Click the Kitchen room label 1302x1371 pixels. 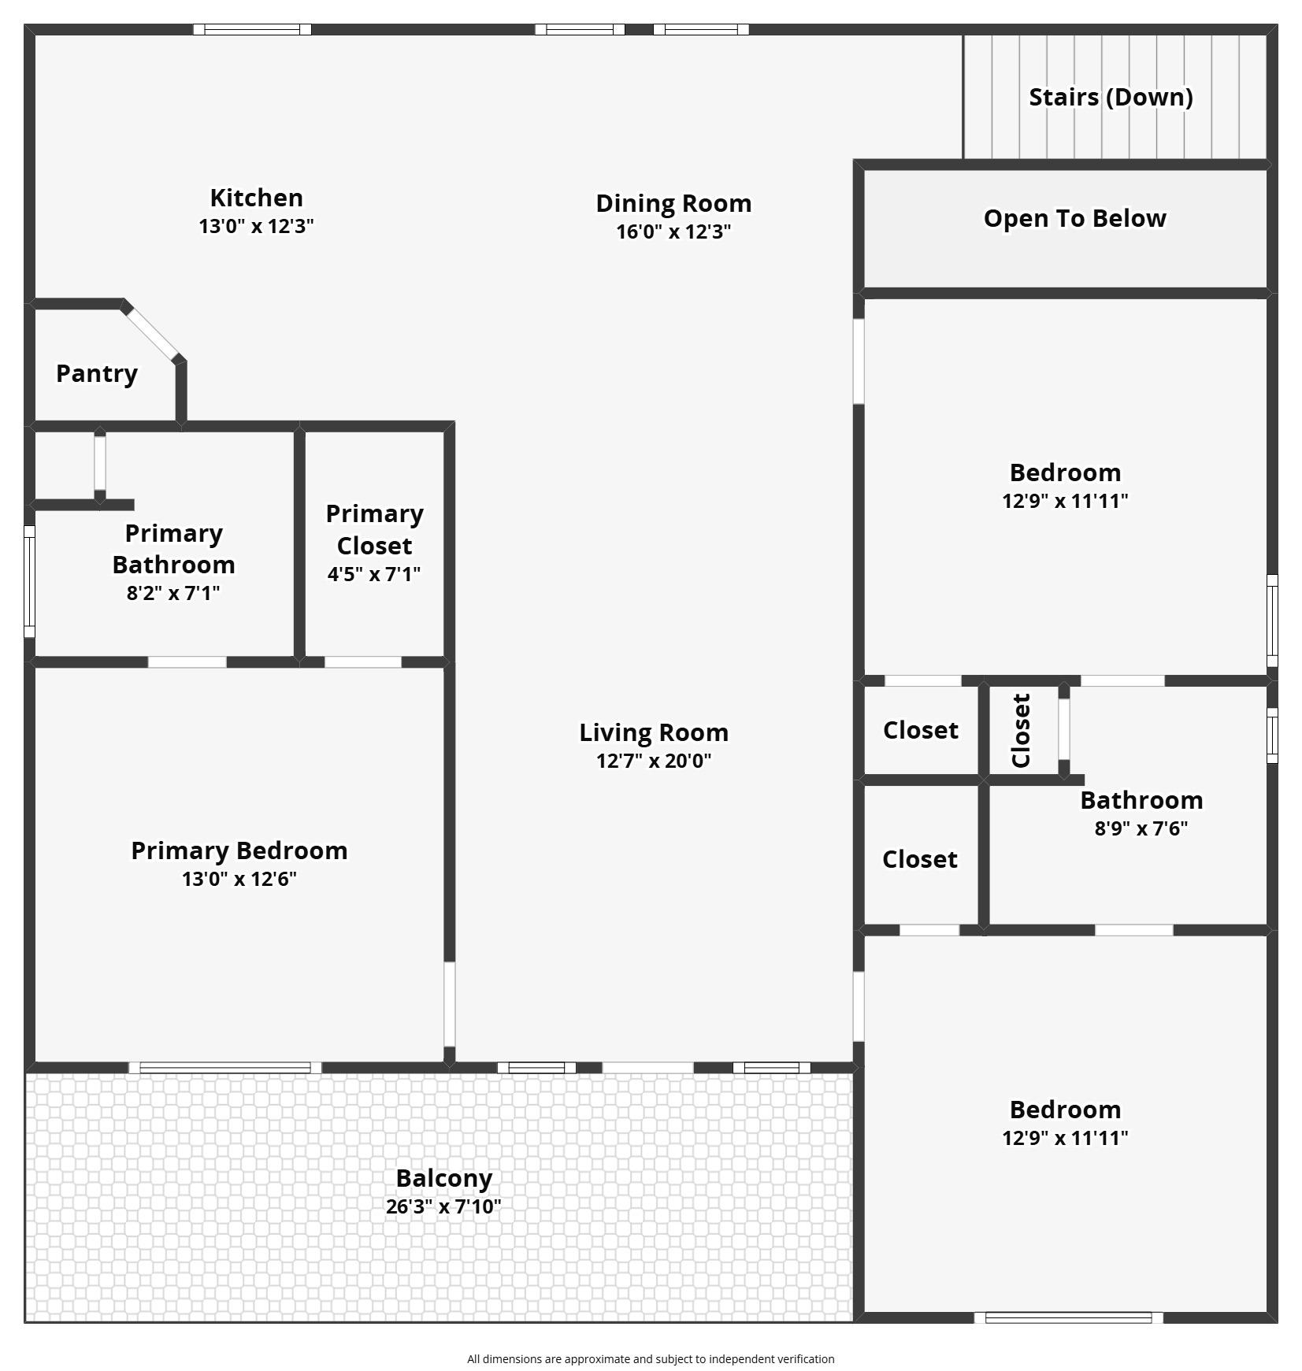pyautogui.click(x=256, y=198)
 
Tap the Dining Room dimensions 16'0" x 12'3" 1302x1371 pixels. pyautogui.click(x=673, y=232)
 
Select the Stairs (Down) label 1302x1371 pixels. pyautogui.click(x=1111, y=97)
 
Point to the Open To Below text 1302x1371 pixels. pyautogui.click(x=1074, y=218)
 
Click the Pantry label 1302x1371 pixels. pyautogui.click(x=97, y=373)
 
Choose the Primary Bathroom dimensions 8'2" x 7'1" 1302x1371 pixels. pyautogui.click(x=173, y=593)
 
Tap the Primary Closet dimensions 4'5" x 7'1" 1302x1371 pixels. pyautogui.click(x=374, y=574)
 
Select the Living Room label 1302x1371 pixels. pyautogui.click(x=654, y=732)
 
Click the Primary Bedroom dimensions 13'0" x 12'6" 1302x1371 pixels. pyautogui.click(x=239, y=879)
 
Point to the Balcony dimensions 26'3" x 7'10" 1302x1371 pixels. pyautogui.click(x=443, y=1206)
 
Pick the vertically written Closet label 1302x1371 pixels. pyautogui.click(x=1021, y=731)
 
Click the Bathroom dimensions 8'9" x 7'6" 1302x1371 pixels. pyautogui.click(x=1141, y=828)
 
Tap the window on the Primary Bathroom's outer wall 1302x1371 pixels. pyautogui.click(x=29, y=582)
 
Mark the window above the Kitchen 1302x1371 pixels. pyautogui.click(x=252, y=29)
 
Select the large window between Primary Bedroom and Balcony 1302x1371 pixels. pyautogui.click(x=225, y=1068)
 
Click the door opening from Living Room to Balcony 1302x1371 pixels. pyautogui.click(x=647, y=1068)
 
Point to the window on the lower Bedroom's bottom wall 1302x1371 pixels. pyautogui.click(x=1069, y=1317)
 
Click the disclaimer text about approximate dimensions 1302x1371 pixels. pyautogui.click(x=651, y=1358)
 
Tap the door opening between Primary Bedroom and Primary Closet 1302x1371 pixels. pyautogui.click(x=363, y=662)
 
